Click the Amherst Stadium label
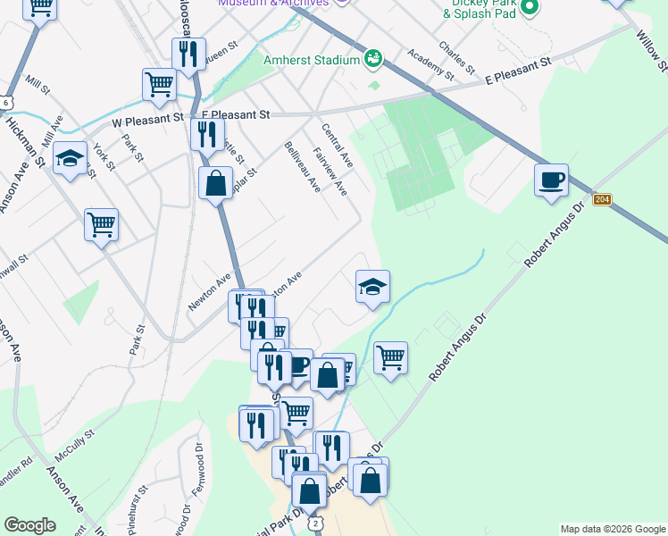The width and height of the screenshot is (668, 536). tap(311, 61)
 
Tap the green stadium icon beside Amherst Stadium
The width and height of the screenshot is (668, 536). tap(373, 60)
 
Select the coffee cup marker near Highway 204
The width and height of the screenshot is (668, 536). tap(551, 180)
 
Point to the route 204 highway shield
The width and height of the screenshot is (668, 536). tap(602, 199)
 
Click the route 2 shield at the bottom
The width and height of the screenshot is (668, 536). tap(314, 522)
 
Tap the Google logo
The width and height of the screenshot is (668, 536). tap(29, 525)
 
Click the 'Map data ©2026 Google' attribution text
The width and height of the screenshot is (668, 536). tap(613, 529)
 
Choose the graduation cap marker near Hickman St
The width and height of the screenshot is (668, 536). tap(69, 159)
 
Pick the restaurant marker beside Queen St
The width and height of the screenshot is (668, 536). tap(188, 54)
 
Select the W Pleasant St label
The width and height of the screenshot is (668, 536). tap(147, 117)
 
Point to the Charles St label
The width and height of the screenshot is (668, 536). tap(455, 57)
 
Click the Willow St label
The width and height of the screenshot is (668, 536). tap(649, 50)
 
